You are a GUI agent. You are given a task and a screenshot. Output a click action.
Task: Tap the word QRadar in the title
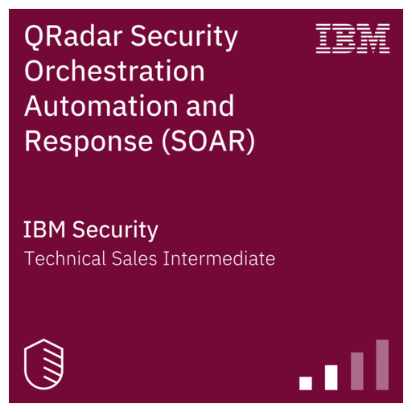(x=68, y=37)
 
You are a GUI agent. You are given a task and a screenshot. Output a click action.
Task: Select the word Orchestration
(x=115, y=72)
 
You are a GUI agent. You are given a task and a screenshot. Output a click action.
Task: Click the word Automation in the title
(x=102, y=106)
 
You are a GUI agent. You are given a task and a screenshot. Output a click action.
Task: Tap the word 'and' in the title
(x=210, y=106)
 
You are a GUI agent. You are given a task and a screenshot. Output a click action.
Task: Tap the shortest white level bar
(x=305, y=383)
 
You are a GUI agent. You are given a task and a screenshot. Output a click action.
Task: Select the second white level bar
(x=331, y=377)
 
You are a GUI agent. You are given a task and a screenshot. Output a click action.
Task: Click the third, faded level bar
(x=356, y=371)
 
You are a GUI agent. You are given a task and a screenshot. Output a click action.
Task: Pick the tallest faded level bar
(x=382, y=365)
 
